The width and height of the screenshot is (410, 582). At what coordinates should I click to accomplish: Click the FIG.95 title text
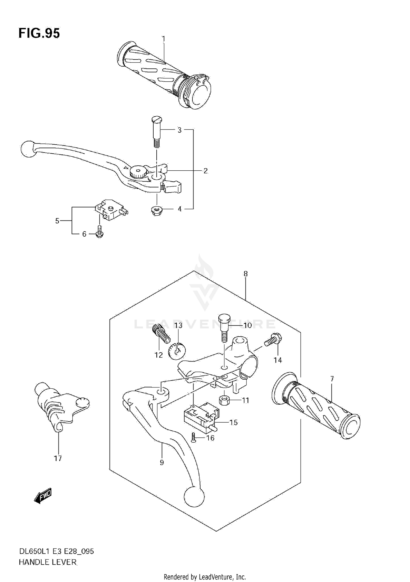[x=39, y=33]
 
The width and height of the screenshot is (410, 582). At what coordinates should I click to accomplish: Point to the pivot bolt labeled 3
[x=157, y=131]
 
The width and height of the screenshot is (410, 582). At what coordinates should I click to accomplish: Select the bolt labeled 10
[x=224, y=328]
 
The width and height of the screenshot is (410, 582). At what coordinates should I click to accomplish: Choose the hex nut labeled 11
[x=224, y=400]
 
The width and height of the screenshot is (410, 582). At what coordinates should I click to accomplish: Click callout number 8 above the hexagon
[x=245, y=274]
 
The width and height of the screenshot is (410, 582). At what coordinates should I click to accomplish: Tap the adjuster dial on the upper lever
[x=138, y=172]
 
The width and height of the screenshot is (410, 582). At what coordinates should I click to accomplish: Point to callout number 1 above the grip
[x=163, y=39]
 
